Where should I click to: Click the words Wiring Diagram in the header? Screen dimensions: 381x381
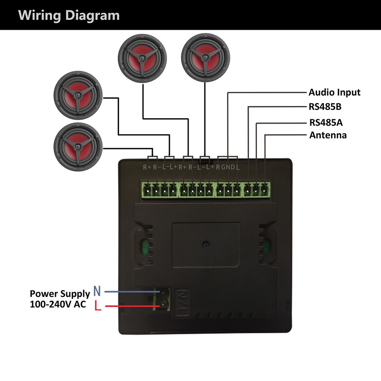69,16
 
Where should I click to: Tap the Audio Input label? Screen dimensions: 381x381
334,92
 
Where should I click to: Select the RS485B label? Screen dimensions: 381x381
325,107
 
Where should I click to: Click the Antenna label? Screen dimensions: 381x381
328,135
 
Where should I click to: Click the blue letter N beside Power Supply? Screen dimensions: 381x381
97,292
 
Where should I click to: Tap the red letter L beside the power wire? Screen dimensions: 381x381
98,306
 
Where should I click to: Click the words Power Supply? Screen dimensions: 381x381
60,294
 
